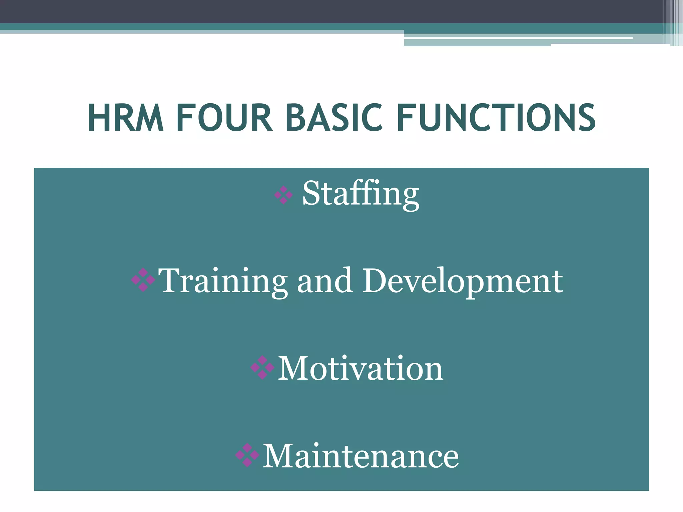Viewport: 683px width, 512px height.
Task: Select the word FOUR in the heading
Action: coord(224,118)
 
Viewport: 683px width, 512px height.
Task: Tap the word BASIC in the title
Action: coord(334,118)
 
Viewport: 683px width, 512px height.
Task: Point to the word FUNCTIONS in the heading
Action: coord(496,118)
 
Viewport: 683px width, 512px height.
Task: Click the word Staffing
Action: coord(361,194)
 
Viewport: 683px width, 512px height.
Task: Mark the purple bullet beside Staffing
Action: coord(283,195)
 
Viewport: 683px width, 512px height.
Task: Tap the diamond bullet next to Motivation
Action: coord(262,367)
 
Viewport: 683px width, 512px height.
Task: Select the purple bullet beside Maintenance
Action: coord(247,455)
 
